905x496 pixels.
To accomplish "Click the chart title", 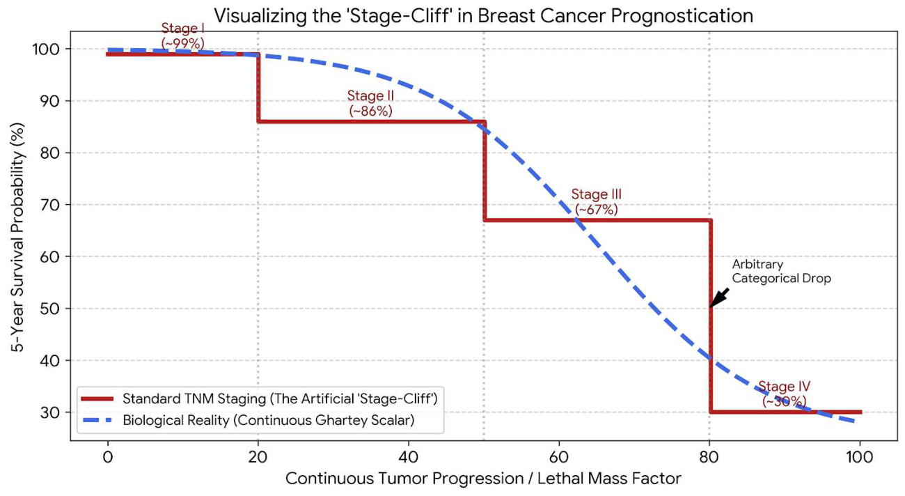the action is coord(484,15).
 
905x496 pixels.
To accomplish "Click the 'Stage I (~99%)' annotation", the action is coord(182,36).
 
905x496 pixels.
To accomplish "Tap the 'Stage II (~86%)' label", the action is coord(370,103).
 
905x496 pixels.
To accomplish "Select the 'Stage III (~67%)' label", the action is coord(597,202).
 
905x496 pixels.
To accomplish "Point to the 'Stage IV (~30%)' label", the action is coord(784,394).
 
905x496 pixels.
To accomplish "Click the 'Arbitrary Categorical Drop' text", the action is coord(781,271).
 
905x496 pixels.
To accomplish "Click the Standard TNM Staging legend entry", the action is coord(259,398).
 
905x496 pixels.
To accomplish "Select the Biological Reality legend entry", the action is coord(247,420).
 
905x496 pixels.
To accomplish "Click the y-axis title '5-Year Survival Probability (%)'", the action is coord(17,238).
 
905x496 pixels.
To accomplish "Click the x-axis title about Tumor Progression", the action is coord(483,479).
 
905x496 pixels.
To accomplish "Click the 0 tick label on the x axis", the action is coord(107,457).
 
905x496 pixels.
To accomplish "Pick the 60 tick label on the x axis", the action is coord(559,457).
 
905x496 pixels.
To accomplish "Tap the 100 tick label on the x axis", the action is coord(859,457).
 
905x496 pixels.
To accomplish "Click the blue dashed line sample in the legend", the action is coord(97,420).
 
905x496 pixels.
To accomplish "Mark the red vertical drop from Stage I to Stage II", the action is coord(258,87).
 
